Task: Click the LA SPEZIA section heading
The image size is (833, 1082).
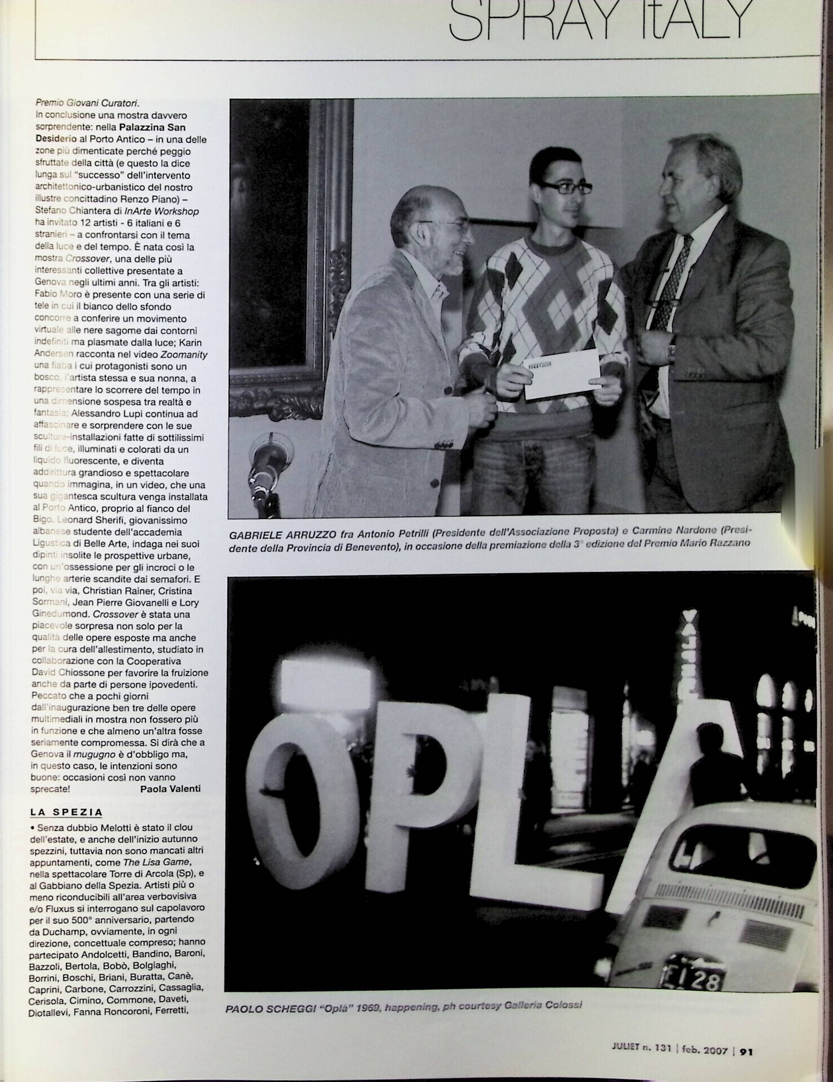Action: pos(66,812)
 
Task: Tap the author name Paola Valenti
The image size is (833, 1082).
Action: pos(170,788)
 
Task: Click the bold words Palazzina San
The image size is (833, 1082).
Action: pos(152,127)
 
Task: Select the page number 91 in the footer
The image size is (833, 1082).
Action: pos(747,1050)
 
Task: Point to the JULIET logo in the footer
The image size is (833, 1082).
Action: pos(626,1048)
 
